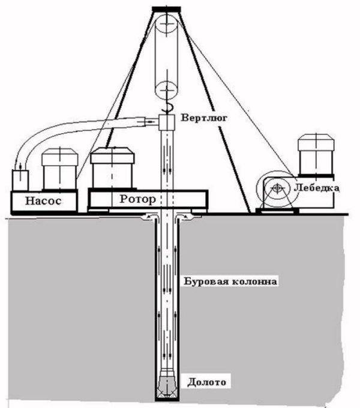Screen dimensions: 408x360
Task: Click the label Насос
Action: point(43,200)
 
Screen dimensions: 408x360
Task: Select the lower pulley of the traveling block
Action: point(166,91)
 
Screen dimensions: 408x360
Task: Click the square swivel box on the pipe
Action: point(166,122)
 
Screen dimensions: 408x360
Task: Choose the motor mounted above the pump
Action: point(59,169)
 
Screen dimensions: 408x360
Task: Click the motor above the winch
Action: point(315,155)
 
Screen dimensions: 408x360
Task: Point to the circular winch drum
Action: point(277,189)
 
